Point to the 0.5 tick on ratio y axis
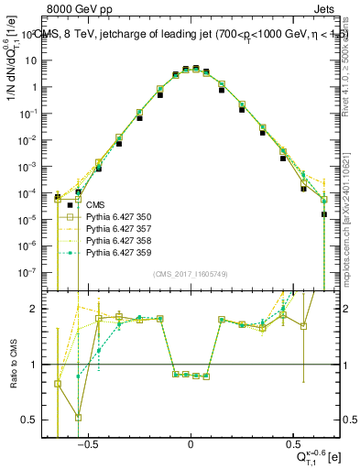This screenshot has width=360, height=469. point(35,420)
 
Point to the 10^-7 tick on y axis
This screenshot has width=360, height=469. point(35,272)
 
